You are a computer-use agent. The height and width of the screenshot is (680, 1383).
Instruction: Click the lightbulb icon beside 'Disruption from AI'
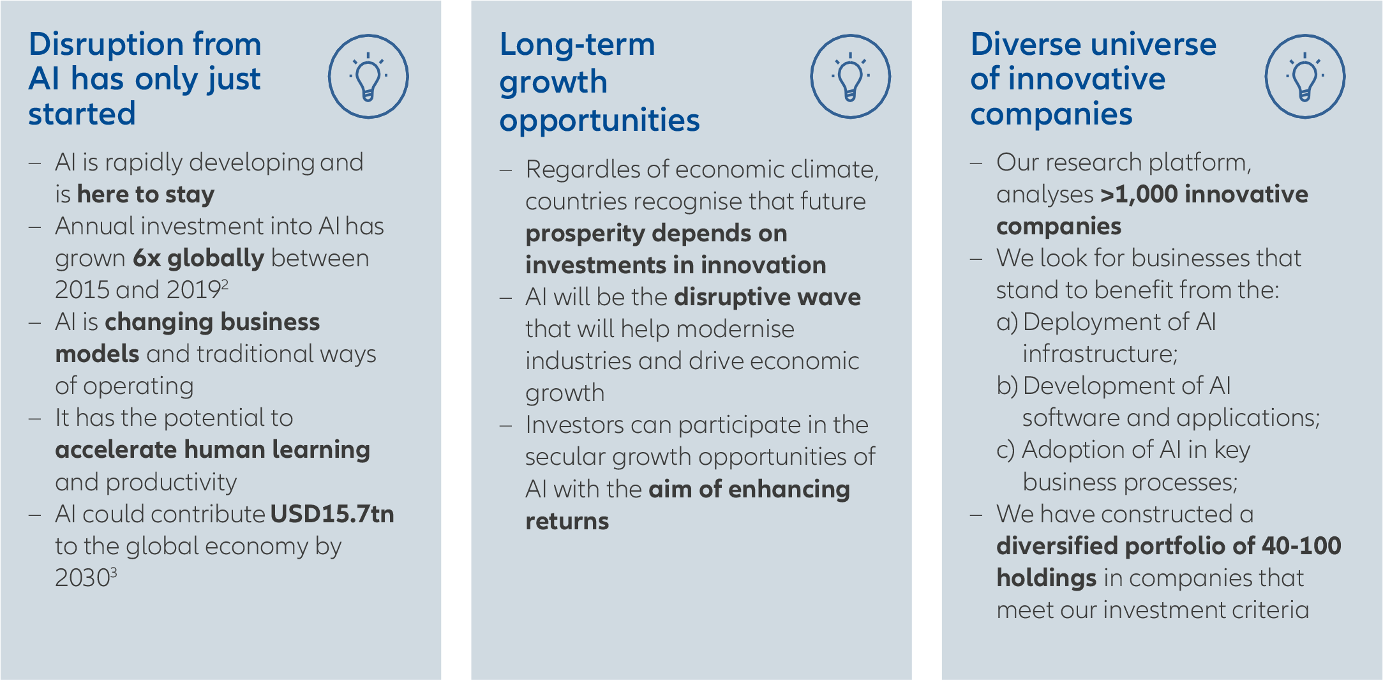(x=368, y=77)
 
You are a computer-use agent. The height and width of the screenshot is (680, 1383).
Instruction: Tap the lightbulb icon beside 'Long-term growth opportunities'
(x=850, y=77)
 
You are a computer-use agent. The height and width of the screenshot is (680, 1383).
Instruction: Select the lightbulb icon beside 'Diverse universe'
(x=1305, y=77)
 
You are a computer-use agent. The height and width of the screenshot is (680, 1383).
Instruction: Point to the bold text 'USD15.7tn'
(x=333, y=514)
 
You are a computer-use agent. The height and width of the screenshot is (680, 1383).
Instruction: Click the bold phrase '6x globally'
(x=198, y=259)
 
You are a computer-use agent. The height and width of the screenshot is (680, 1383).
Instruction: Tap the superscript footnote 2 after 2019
(x=225, y=283)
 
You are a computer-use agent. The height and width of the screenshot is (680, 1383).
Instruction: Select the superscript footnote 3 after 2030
(x=114, y=571)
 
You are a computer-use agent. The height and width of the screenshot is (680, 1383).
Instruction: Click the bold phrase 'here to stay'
(x=146, y=195)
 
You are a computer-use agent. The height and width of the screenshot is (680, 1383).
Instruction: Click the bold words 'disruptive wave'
(x=768, y=297)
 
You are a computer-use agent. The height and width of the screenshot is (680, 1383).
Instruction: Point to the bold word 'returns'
(x=567, y=522)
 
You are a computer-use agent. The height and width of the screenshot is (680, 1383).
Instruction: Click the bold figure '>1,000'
(x=1139, y=195)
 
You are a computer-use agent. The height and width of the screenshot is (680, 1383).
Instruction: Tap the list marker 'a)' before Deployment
(x=1007, y=322)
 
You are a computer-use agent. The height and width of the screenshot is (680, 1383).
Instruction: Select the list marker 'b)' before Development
(x=1007, y=386)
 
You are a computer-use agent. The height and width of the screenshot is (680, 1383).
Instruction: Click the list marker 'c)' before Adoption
(x=1006, y=450)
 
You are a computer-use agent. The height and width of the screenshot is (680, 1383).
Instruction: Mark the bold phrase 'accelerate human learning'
(x=213, y=450)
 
